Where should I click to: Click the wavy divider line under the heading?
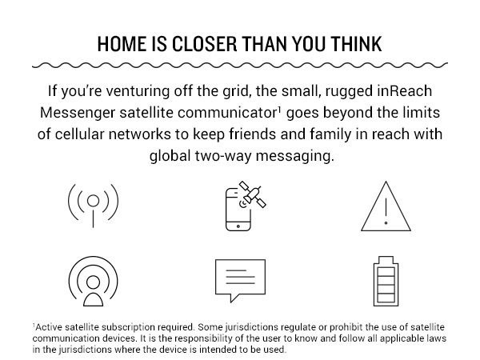pyautogui.click(x=240, y=64)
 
